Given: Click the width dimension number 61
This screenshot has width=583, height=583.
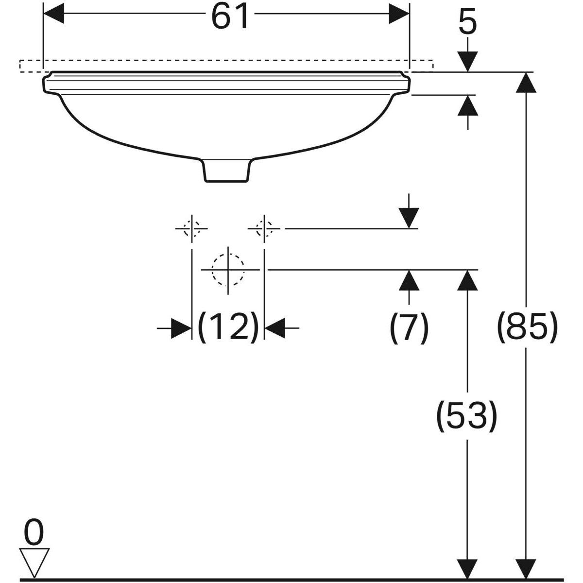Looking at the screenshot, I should (229, 17).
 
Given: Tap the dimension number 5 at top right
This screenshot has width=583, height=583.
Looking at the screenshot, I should (467, 23).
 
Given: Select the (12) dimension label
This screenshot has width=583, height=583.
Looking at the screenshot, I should (228, 327).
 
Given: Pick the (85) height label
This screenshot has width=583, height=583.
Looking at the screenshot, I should (526, 327).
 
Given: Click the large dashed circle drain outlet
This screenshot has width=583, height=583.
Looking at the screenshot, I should (227, 269).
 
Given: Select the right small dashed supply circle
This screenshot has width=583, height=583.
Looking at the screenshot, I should (264, 227).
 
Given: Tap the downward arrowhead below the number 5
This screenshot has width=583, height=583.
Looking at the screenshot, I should (467, 63).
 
